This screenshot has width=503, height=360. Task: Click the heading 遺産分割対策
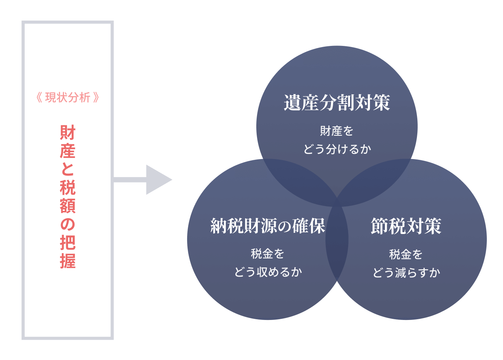coord(337,102)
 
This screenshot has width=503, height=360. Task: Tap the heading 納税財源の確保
coord(268,226)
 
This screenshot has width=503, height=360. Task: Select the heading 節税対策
coord(406,226)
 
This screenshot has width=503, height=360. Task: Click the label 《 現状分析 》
coord(68,98)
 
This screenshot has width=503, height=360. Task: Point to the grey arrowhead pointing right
coord(158,180)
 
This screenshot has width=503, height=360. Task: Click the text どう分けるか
coord(337,149)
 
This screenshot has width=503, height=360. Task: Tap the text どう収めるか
coord(268,272)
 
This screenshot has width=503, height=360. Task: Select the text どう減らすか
coord(406,273)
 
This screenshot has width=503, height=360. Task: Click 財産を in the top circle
coord(336,131)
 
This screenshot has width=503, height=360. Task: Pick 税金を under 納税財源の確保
coord(268,253)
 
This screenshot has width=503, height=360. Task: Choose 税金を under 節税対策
coord(406,254)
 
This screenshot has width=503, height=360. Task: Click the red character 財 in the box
coord(68,133)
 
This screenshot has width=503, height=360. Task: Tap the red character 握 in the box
coord(68,261)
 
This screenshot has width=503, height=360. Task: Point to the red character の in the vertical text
coord(68,224)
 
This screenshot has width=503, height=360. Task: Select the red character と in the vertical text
coord(68,169)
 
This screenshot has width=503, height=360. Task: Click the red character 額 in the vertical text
coord(68,206)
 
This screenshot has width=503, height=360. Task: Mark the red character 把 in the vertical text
coord(68,243)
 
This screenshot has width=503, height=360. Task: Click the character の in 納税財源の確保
coord(285,226)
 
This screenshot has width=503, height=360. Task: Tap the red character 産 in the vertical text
coord(68,151)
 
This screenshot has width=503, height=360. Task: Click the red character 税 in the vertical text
coord(68,187)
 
